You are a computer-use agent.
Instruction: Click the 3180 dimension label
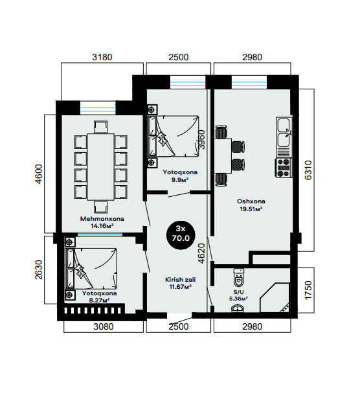tap(102, 57)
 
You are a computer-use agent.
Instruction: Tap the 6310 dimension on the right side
tap(308, 170)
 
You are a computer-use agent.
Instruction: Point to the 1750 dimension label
tap(308, 290)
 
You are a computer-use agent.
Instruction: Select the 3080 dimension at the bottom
tap(104, 326)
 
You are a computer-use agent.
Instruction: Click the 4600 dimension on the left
tap(39, 174)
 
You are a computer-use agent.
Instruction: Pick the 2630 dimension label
tap(39, 270)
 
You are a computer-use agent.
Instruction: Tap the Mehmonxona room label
tap(102, 219)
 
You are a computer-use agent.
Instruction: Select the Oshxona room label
tap(251, 201)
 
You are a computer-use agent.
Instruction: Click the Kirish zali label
tap(180, 280)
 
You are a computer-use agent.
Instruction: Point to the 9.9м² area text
tap(180, 180)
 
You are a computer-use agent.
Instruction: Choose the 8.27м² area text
tap(100, 301)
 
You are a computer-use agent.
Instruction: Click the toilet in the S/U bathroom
tap(239, 278)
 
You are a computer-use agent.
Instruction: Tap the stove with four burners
tap(284, 168)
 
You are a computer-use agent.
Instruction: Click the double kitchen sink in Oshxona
tap(284, 133)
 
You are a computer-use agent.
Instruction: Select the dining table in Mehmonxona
tap(101, 167)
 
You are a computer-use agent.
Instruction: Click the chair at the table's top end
tap(101, 127)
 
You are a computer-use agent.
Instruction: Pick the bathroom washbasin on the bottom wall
tap(238, 309)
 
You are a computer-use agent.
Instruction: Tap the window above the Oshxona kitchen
tap(249, 82)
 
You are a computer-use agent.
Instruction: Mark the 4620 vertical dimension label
tap(202, 253)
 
